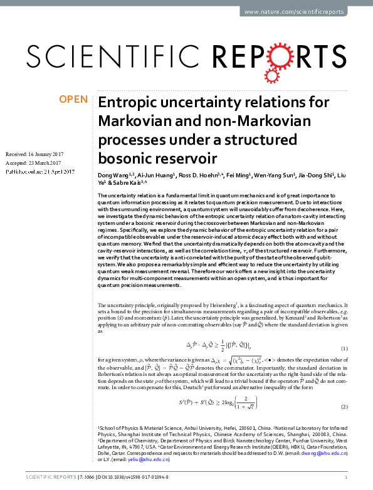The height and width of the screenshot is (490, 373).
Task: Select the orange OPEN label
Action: [x=73, y=99]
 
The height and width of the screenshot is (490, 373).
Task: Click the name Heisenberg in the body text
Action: [x=230, y=305]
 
